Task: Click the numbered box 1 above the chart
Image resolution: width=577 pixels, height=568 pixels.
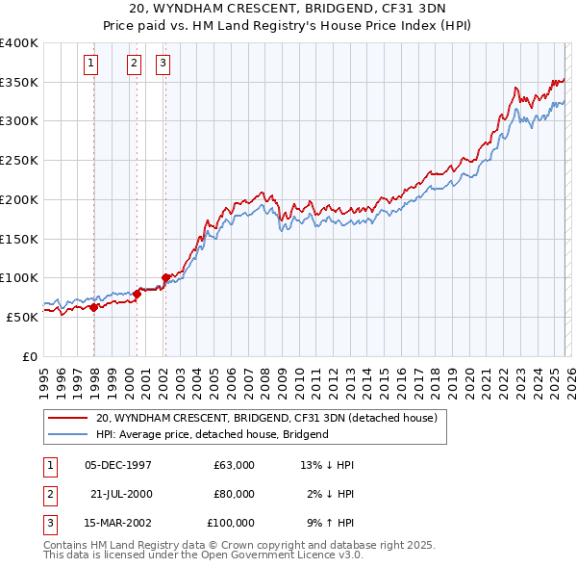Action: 90,64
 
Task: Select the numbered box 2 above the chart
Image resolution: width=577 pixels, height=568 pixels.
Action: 134,64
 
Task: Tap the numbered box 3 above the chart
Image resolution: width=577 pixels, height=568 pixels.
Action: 163,64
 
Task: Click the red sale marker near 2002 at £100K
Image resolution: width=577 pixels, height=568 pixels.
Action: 165,277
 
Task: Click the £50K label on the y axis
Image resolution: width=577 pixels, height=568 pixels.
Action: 22,317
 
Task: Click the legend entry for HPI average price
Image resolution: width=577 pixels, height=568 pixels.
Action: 212,434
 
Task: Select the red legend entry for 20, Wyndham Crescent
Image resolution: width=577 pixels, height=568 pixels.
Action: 266,418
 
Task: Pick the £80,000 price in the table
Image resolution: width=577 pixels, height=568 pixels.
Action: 234,494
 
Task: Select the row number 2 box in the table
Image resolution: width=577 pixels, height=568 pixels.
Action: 49,494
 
